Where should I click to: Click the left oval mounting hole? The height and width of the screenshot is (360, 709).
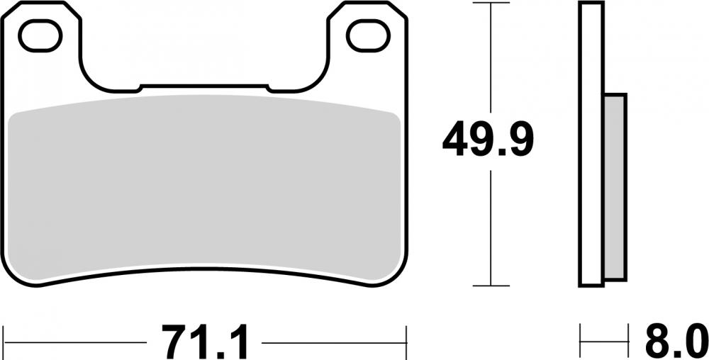pyautogui.click(x=40, y=36)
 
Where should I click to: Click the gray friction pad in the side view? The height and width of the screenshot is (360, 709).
pyautogui.click(x=615, y=187)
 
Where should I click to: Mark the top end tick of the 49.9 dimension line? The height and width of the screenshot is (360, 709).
pyautogui.click(x=491, y=4)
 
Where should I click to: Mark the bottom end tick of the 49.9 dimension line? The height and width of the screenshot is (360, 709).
pyautogui.click(x=491, y=286)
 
